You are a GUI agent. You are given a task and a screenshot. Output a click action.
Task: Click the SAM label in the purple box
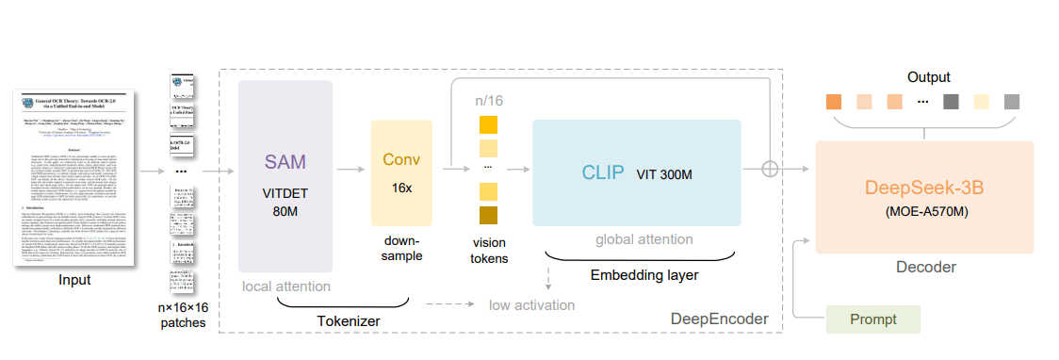[x=285, y=161]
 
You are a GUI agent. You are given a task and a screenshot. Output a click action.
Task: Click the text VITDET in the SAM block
[x=285, y=192]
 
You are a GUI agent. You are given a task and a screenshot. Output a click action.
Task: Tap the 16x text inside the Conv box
[x=402, y=188]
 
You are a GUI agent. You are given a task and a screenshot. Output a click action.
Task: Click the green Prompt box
[x=872, y=319]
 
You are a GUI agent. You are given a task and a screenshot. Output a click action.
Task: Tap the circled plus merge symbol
[x=771, y=169]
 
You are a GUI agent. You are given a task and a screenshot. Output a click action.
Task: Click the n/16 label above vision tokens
[x=488, y=100]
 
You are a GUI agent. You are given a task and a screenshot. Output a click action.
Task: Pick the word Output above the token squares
[x=928, y=77]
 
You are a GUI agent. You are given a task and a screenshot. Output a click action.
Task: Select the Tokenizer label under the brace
[x=349, y=321]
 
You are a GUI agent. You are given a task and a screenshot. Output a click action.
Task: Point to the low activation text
[x=531, y=304]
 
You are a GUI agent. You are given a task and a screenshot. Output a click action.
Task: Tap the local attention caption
[x=285, y=286]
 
